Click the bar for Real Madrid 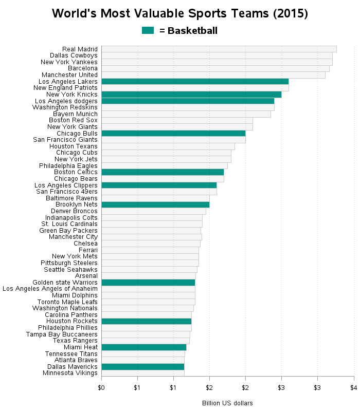click(219, 49)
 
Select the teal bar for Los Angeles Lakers click(195, 81)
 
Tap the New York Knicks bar click(191, 95)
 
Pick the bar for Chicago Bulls click(173, 133)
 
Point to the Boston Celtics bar click(163, 172)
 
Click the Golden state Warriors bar click(148, 282)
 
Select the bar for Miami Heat click(143, 347)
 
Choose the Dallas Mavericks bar click(142, 366)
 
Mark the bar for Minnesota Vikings click(142, 373)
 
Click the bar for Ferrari click(150, 250)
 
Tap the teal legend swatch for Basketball click(148, 31)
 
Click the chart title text click(180, 13)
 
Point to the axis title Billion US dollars click(227, 403)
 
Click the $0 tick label click(101, 386)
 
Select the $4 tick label click(353, 386)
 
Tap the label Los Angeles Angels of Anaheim click(50, 289)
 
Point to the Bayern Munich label click(75, 114)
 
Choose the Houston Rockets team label click(72, 321)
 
